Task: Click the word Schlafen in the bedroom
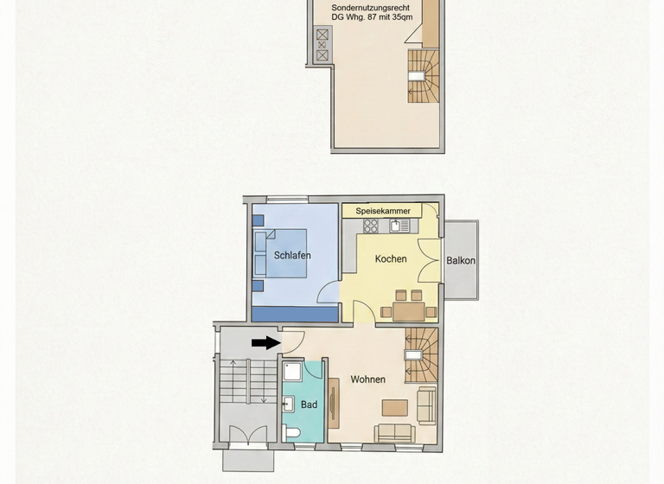pos(292,256)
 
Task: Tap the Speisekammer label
pos(382,211)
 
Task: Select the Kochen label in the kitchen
pos(391,259)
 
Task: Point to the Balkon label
pos(461,261)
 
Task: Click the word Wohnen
pos(367,379)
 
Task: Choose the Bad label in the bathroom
pos(309,404)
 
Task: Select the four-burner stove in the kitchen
pos(372,226)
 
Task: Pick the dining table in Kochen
pos(409,309)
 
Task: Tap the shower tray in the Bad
pos(292,371)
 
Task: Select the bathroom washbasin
pos(289,404)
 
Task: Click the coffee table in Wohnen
pos(395,406)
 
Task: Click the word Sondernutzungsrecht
pos(370,7)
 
